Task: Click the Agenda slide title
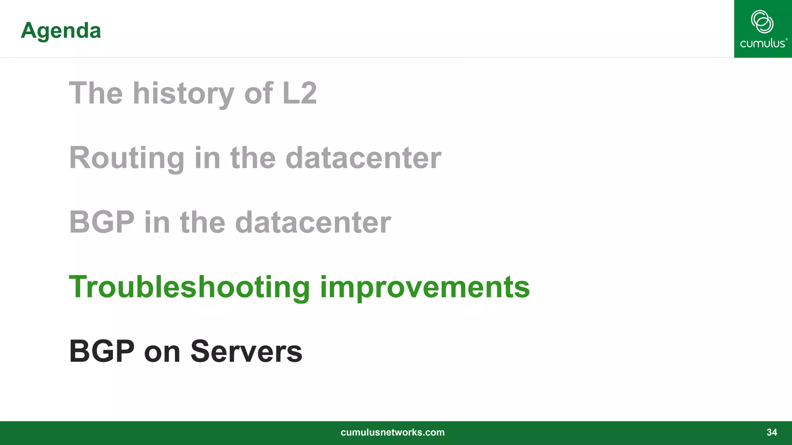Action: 61,31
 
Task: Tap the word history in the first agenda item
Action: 183,93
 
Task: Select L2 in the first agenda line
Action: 300,93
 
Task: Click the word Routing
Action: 127,158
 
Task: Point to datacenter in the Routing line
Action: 363,158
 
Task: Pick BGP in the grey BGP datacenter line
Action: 102,222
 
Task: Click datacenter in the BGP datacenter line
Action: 313,222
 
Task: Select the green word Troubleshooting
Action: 189,287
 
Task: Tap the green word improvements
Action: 425,287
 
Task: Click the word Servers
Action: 246,351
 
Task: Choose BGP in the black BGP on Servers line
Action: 102,351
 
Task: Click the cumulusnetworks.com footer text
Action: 393,432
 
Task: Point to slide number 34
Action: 772,432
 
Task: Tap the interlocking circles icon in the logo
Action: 762,22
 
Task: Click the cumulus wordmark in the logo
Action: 763,43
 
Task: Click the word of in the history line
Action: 259,93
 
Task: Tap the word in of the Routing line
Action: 207,158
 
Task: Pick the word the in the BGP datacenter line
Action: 203,222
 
